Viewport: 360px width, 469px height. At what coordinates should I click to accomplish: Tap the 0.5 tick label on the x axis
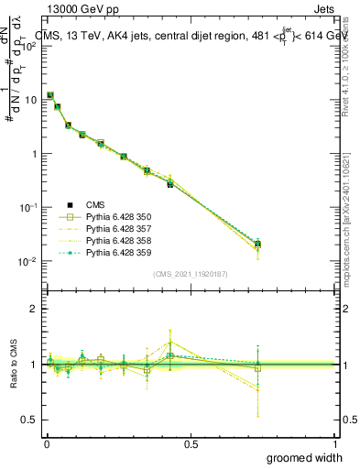[x=191, y=443]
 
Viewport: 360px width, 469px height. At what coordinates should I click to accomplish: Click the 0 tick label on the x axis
[x=47, y=443]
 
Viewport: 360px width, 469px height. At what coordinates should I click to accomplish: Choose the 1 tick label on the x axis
[x=334, y=443]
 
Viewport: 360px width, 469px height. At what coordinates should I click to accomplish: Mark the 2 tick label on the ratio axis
[x=33, y=309]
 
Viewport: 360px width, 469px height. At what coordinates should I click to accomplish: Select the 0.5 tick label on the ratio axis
[x=29, y=420]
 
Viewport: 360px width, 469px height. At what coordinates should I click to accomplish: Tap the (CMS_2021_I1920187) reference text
[x=190, y=274]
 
